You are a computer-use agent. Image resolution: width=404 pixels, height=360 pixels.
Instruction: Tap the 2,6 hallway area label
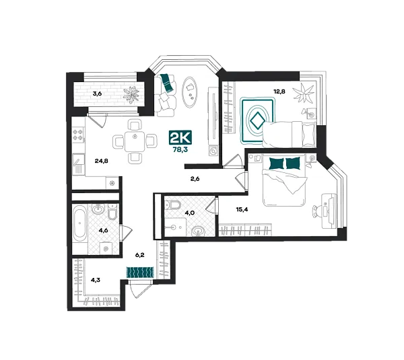pyautogui.click(x=196, y=179)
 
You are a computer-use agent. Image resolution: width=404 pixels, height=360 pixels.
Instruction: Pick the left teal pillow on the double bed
pyautogui.click(x=275, y=164)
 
